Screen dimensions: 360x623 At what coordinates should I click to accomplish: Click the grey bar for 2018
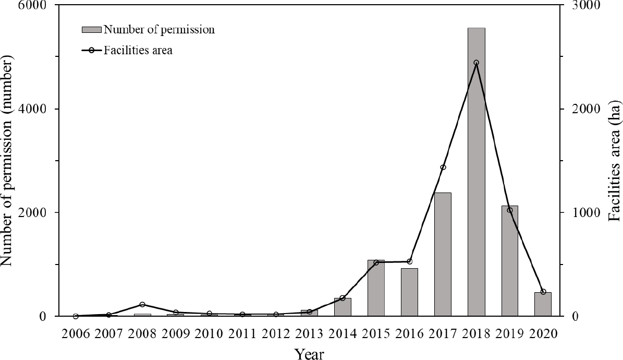click(x=476, y=172)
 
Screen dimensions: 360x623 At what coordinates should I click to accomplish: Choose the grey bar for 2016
click(x=409, y=292)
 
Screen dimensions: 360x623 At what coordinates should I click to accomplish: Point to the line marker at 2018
click(x=476, y=63)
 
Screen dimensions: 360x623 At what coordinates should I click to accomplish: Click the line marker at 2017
click(x=443, y=167)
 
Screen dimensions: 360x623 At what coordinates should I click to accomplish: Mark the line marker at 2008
click(x=142, y=305)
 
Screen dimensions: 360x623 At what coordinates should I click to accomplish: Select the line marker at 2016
click(x=409, y=261)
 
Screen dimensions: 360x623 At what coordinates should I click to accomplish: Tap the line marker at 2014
click(x=343, y=298)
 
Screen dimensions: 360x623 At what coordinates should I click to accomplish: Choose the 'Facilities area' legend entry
click(x=138, y=51)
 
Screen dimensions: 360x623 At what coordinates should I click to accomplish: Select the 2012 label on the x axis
click(x=276, y=333)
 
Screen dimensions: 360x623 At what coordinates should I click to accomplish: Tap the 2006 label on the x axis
click(x=76, y=333)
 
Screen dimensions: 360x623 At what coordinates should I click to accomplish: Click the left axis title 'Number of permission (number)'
click(x=7, y=161)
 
